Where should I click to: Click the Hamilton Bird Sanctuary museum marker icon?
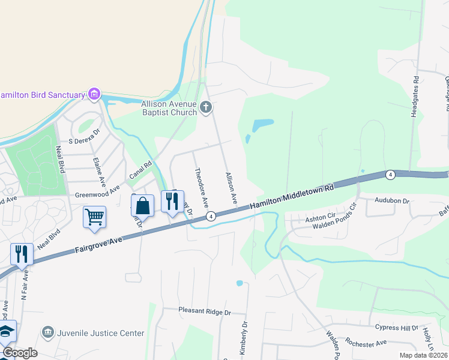[x=93, y=94]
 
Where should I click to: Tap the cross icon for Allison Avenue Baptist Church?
[x=206, y=107]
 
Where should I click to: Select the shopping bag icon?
[x=143, y=206]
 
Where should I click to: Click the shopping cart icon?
[x=95, y=217]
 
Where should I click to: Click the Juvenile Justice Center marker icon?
[x=47, y=332]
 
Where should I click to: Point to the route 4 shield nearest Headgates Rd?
[x=390, y=175]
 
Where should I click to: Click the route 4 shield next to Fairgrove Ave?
[x=211, y=216]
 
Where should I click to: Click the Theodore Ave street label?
[x=200, y=188]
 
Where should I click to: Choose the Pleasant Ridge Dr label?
[x=205, y=312]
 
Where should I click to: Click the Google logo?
[x=20, y=353]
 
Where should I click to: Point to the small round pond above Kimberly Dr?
[x=240, y=283]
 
